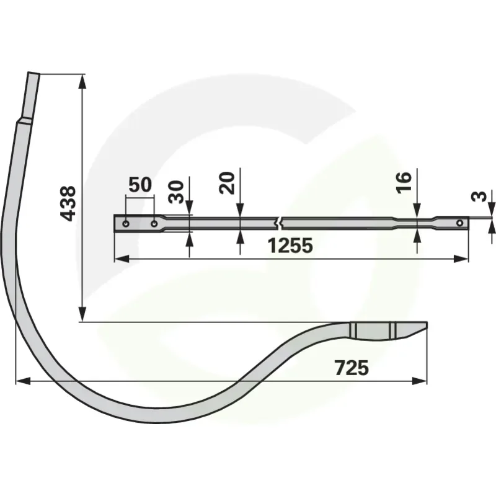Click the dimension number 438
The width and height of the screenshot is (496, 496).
coord(68,203)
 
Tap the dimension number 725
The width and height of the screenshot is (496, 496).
coord(352,368)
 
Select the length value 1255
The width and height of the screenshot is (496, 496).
coord(290,246)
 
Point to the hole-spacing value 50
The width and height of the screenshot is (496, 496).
coord(140,185)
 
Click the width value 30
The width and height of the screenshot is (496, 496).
coord(176,192)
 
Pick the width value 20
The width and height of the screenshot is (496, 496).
coord(227,183)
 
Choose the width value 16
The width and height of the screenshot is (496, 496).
coord(404,182)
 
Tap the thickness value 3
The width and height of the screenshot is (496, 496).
coord(479,197)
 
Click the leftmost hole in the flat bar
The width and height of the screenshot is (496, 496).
coord(126,224)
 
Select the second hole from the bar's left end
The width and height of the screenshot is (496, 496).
coord(154,224)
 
